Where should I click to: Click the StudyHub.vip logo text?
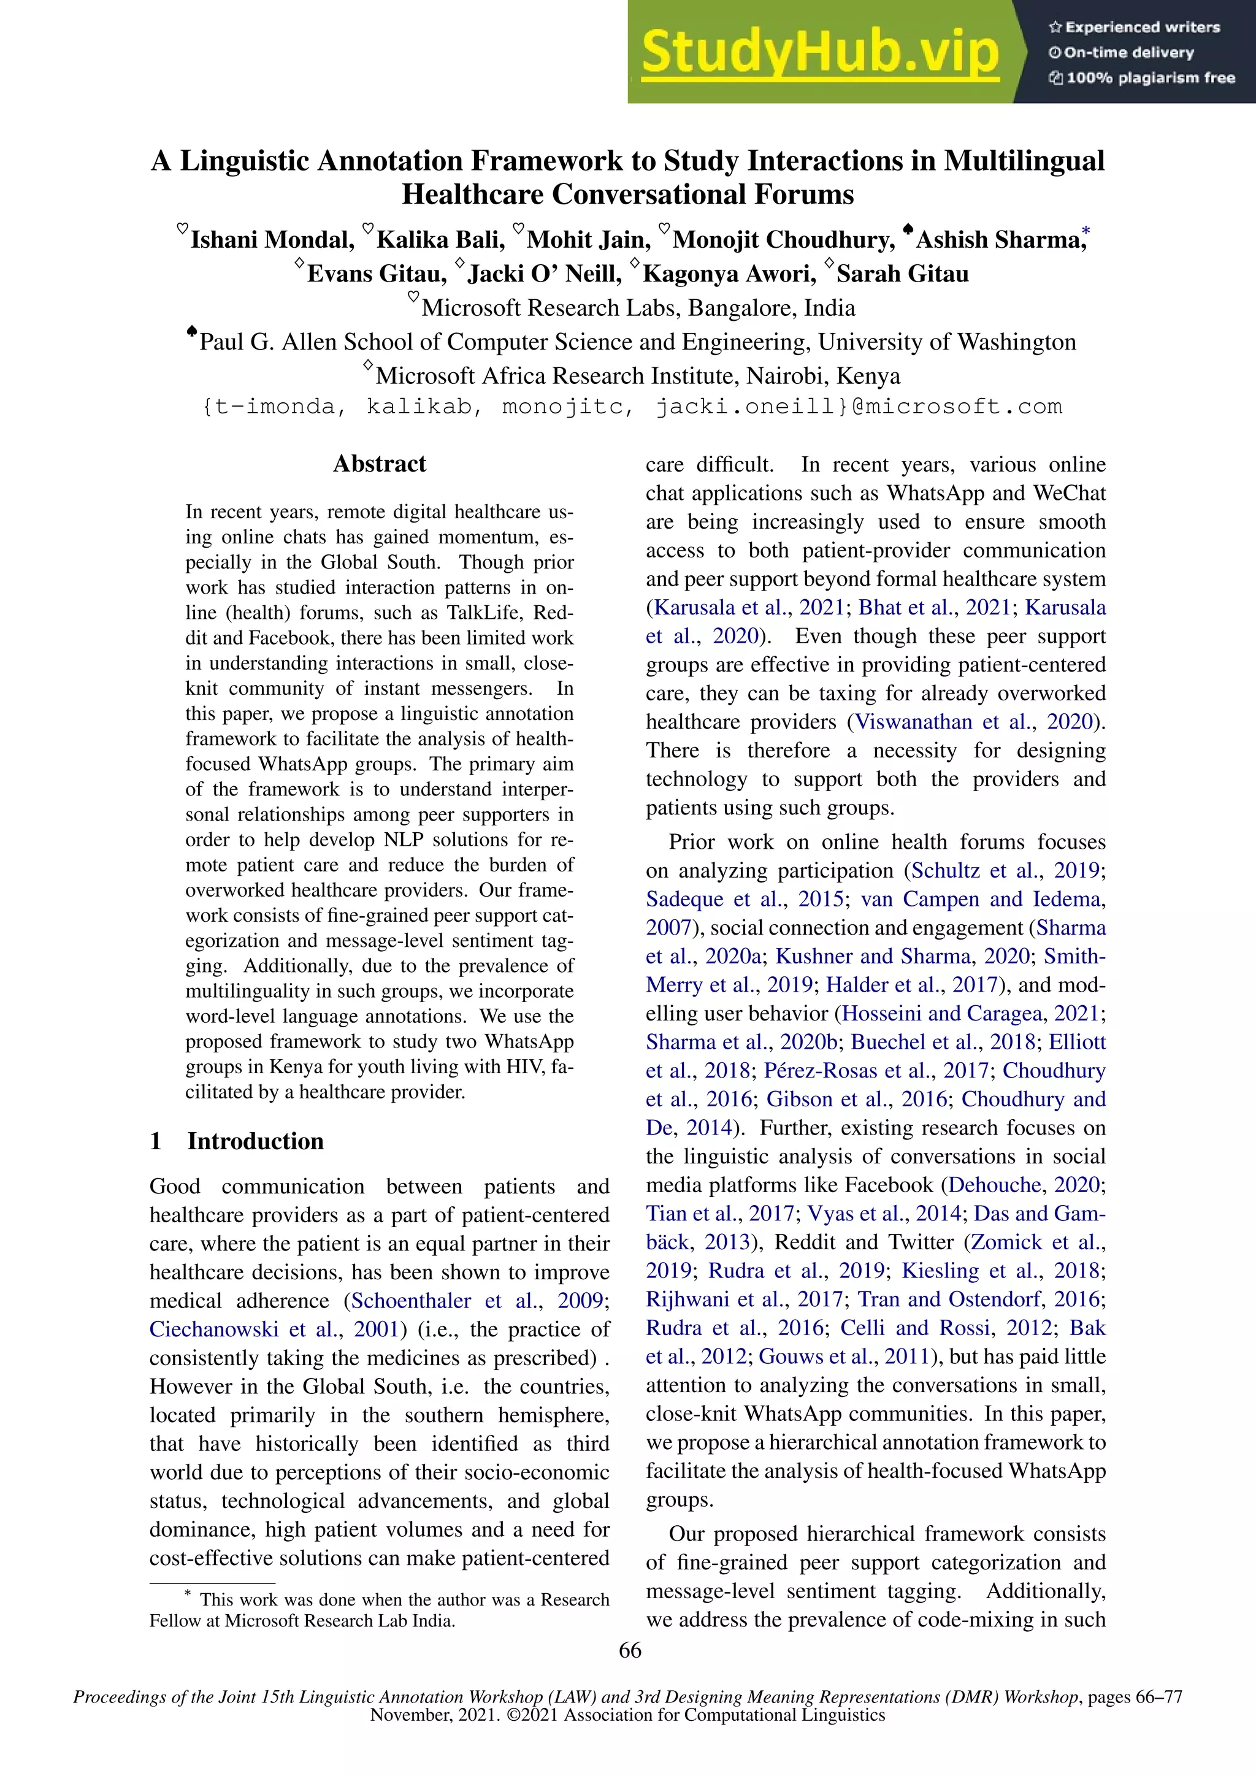tap(820, 53)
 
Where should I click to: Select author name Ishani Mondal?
tap(272, 240)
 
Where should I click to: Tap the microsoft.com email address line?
tap(631, 407)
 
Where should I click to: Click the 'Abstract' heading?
tap(379, 464)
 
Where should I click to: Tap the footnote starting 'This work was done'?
tap(379, 1610)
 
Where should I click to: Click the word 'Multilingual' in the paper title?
tap(1024, 161)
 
